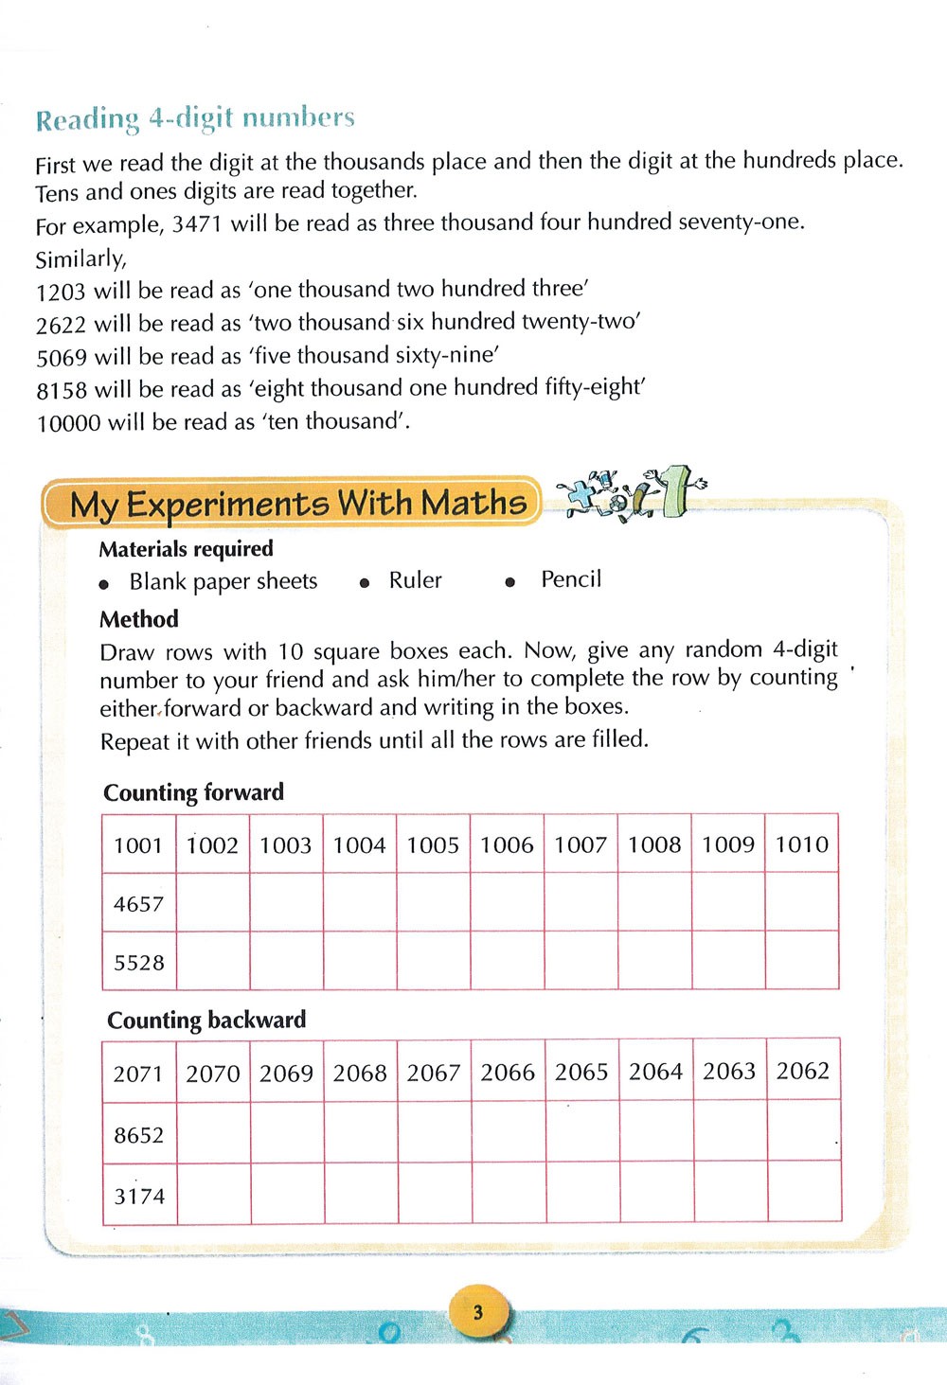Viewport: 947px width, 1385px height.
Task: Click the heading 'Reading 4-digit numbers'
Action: pos(195,118)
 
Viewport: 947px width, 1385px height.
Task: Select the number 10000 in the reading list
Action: pos(68,423)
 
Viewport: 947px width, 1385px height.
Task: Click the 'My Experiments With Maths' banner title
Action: pos(297,503)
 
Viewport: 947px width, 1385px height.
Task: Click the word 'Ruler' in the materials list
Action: pos(415,580)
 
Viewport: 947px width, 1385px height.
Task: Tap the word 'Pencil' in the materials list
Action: pos(571,579)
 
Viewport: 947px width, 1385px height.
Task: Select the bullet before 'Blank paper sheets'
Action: pos(104,584)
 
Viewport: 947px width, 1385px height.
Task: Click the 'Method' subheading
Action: pos(139,619)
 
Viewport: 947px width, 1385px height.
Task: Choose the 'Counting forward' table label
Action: pos(193,792)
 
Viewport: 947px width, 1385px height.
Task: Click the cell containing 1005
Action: pos(433,844)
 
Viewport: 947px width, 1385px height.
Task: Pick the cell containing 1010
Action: pos(801,843)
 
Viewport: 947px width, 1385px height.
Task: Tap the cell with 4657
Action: pos(138,903)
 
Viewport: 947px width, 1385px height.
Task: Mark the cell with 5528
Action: pos(138,963)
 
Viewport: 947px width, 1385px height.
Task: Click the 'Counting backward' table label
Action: pos(206,1020)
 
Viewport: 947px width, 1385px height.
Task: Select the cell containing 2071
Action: pos(138,1074)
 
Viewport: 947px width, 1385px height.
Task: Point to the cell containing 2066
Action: pos(508,1072)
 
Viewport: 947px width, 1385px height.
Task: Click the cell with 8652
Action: pos(138,1134)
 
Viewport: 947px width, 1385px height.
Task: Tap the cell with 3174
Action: pos(139,1196)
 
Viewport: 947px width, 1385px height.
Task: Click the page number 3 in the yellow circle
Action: pos(478,1312)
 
